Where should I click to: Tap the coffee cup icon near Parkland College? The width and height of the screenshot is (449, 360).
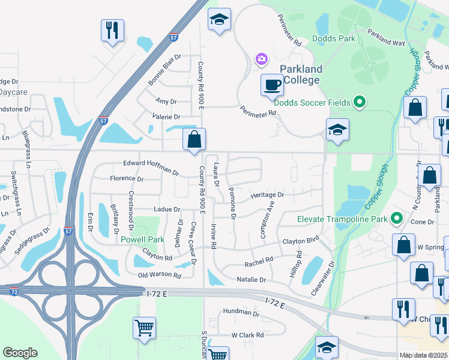tap(272, 85)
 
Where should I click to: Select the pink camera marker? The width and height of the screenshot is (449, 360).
tap(261, 58)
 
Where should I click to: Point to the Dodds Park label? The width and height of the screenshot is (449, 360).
tap(334, 39)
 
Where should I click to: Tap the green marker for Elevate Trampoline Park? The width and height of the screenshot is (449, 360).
tap(396, 218)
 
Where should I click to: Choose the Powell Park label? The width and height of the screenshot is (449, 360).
tap(143, 239)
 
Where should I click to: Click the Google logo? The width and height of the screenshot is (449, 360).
tap(20, 353)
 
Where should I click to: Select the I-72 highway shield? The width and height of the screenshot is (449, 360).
tap(13, 291)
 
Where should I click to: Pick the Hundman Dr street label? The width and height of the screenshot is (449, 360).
tap(240, 312)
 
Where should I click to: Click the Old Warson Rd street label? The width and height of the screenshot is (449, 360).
tap(160, 275)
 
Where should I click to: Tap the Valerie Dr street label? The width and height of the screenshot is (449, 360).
tap(166, 117)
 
